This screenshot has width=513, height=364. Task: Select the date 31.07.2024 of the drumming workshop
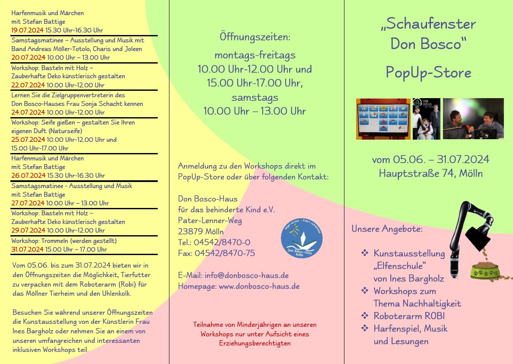click(x=28, y=249)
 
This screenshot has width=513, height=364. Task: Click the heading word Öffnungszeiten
click(x=255, y=37)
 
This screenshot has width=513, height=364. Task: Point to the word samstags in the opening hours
click(x=255, y=97)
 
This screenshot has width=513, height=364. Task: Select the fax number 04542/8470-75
click(x=225, y=253)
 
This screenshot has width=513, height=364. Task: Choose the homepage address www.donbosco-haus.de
click(x=259, y=286)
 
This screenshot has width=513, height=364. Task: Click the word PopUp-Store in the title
click(x=428, y=73)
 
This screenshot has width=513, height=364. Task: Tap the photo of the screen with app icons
click(x=383, y=119)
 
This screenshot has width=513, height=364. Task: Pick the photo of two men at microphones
click(x=473, y=119)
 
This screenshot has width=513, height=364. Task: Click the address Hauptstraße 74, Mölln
click(x=430, y=174)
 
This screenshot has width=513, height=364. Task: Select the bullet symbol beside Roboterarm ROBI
click(x=365, y=316)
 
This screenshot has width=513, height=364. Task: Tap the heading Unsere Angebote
click(x=387, y=229)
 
